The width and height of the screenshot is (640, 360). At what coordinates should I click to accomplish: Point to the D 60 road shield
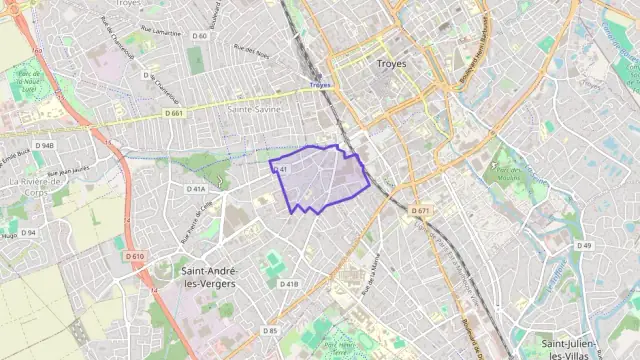coord(200,36)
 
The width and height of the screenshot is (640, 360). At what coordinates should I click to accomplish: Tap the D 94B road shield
coord(44,145)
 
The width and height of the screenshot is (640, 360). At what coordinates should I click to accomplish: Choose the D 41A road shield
coord(196,188)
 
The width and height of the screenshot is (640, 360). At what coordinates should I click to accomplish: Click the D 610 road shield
coord(136,256)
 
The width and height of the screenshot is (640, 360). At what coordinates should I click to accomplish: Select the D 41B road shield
coord(288,284)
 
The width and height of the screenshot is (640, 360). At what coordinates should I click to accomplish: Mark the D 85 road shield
coord(270,330)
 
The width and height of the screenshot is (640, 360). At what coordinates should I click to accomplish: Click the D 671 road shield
coord(420,210)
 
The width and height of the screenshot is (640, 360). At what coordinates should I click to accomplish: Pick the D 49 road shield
coord(584,245)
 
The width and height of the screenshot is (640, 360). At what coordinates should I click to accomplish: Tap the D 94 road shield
coord(28,233)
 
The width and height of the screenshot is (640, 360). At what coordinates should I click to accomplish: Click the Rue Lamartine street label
coord(161,32)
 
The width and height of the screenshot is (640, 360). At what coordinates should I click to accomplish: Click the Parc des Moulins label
coord(510,176)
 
